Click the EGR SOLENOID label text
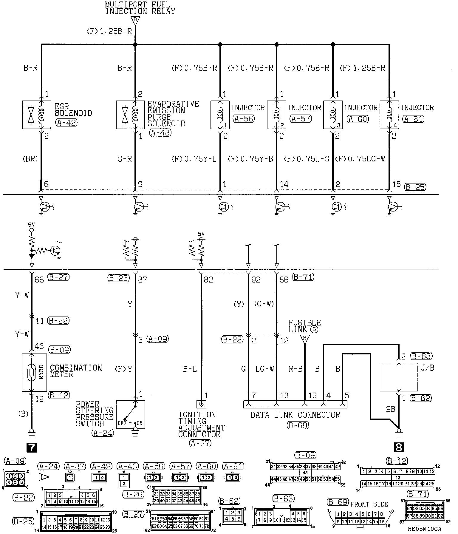tap(73, 109)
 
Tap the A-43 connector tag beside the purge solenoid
tap(160, 132)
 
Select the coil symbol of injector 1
tap(220, 115)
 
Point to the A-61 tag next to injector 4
tap(413, 119)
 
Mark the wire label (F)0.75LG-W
tap(360, 159)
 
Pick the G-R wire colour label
tap(125, 159)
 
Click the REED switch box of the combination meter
tap(34, 372)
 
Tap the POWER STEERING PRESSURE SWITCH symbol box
tap(131, 415)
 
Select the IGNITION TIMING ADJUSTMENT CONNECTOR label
tap(201, 424)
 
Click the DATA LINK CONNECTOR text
tap(295, 415)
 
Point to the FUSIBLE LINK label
tap(304, 326)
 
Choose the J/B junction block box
tap(398, 377)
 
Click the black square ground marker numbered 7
tap(32, 447)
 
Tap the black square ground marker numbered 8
tap(399, 447)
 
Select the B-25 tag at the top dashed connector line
tap(415, 187)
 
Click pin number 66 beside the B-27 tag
tap(39, 280)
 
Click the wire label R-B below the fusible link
tap(295, 369)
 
